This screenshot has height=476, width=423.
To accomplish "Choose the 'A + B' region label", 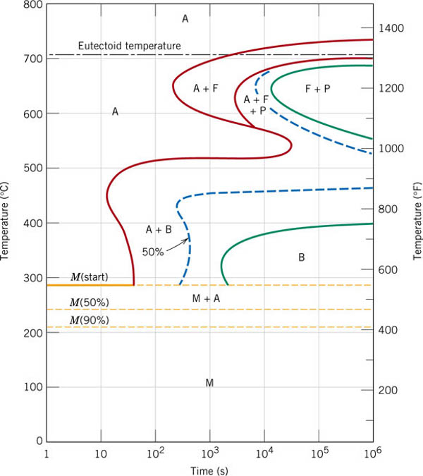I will pos(159,229).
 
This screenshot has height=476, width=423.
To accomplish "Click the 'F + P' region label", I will pos(317,88).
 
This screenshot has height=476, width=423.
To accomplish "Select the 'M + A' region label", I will pos(207,298).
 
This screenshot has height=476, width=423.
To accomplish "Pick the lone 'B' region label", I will pos(301,257).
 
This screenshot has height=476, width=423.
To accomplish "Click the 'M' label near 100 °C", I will pos(209,382).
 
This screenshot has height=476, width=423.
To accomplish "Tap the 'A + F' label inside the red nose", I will pos(207,88).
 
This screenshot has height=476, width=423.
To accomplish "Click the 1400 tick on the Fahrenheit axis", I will pos(390,28).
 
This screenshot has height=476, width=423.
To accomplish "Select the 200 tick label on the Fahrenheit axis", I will pos(390,391).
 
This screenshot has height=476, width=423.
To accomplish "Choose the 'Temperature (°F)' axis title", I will pos(417,219).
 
